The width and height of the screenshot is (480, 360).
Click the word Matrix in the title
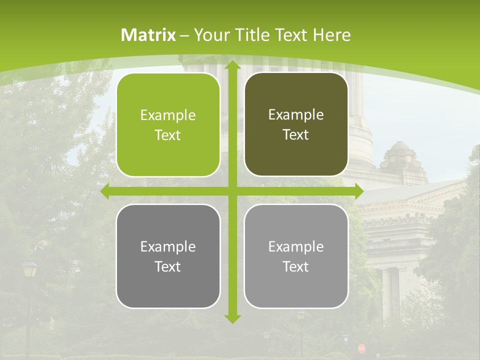click(x=148, y=35)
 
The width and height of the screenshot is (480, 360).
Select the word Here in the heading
click(x=331, y=35)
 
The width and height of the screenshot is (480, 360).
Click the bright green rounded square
click(x=168, y=125)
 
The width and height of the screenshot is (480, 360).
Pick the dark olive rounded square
click(x=296, y=124)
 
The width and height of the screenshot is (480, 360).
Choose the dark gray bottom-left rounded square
click(x=168, y=256)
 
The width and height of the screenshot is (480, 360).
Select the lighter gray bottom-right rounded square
click(x=296, y=256)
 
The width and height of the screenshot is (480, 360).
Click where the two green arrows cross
click(x=232, y=191)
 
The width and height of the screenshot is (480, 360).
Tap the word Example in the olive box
click(x=296, y=115)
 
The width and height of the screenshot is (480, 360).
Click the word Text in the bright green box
click(x=168, y=135)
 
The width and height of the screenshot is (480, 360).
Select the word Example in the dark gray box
click(x=168, y=246)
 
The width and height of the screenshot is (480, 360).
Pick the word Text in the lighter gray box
click(x=296, y=266)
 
